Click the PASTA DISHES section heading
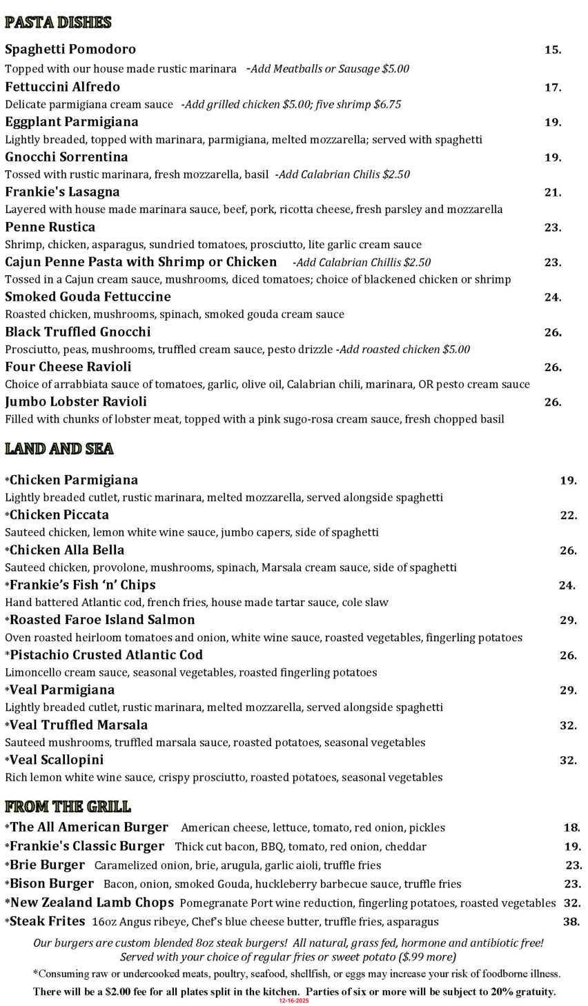(x=58, y=23)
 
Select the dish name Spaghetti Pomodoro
(x=70, y=50)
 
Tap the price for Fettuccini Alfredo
(x=552, y=88)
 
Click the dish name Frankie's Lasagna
(x=62, y=192)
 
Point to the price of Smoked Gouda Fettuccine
(x=552, y=298)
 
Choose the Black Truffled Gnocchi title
(x=78, y=332)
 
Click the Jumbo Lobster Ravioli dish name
(x=76, y=402)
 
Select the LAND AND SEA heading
(x=59, y=449)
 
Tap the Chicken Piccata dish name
(x=59, y=515)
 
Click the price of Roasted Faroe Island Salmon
(x=567, y=621)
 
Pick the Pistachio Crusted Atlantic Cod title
(x=106, y=655)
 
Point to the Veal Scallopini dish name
(x=57, y=760)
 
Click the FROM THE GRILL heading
(x=68, y=807)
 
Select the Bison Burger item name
(x=52, y=884)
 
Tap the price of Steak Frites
(x=571, y=922)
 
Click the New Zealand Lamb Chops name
(x=92, y=903)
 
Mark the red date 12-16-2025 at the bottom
(x=294, y=1000)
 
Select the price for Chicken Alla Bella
(x=567, y=550)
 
